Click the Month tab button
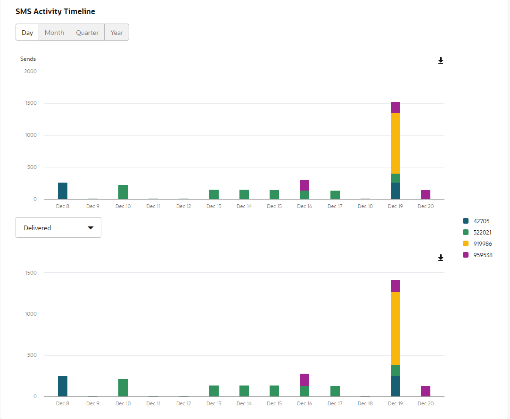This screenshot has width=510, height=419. click(54, 33)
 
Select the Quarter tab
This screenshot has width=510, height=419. click(87, 33)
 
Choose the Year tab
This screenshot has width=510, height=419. click(116, 33)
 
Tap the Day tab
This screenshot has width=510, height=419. click(27, 33)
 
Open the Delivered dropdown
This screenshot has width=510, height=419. click(58, 228)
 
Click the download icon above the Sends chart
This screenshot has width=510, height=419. click(441, 61)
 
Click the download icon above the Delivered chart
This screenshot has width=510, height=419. click(441, 258)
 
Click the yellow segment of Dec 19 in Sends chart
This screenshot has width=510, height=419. click(395, 143)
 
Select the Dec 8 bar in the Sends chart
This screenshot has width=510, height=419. click(63, 191)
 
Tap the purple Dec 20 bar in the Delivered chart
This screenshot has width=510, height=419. click(426, 391)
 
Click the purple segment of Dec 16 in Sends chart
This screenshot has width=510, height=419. click(304, 185)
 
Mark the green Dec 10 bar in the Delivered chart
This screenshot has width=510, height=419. click(123, 387)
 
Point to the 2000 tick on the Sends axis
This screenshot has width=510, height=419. click(31, 71)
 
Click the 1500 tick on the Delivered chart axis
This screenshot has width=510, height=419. click(31, 273)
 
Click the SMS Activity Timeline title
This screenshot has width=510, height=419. click(55, 11)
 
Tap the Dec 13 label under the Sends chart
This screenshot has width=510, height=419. click(214, 207)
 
